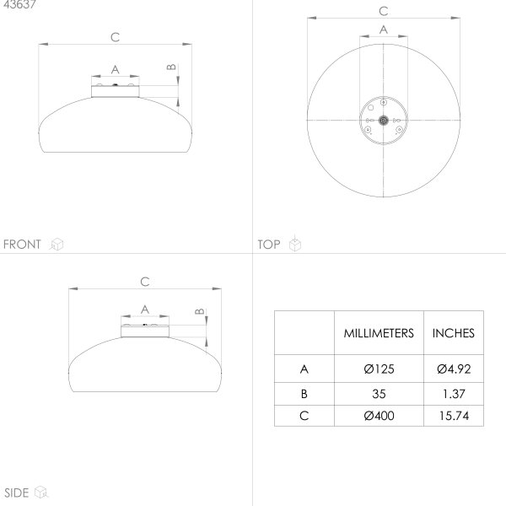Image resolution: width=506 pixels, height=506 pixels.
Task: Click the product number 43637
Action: coord(19,4)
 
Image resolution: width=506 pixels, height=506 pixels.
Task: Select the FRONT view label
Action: coord(22,245)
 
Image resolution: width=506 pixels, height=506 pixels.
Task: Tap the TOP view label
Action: coord(269,245)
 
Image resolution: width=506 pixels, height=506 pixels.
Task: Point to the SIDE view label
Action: coord(17,493)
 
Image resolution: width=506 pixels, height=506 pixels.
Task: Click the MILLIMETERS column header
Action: coord(379,333)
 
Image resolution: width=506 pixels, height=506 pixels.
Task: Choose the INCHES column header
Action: coord(454,333)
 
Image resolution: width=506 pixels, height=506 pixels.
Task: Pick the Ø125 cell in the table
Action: coord(379,369)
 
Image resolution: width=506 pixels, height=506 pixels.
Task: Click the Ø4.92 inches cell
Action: coord(454,369)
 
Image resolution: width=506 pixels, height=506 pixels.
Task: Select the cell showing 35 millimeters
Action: coord(379,394)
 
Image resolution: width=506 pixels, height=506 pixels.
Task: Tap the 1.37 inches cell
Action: coord(454,394)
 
